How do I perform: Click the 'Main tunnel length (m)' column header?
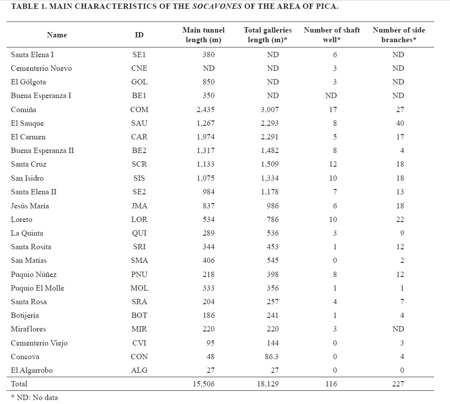point(203,35)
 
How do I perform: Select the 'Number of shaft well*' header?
point(332,35)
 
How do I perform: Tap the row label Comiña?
point(24,109)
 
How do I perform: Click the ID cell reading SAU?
point(139,123)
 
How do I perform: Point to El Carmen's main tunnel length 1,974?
point(205,137)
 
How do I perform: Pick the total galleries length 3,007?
point(270,109)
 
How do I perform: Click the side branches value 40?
point(400,123)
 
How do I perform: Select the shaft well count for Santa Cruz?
point(333,164)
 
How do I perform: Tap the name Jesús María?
point(30,206)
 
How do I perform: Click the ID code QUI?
point(139,233)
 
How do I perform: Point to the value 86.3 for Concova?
point(271,357)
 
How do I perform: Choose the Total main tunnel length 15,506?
point(203,384)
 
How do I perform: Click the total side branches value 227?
point(398,384)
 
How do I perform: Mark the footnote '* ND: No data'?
point(34,397)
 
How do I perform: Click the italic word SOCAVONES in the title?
point(217,6)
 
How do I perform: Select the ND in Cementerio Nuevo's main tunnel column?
point(209,69)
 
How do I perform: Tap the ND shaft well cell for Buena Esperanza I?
point(331,96)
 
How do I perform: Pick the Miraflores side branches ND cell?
point(398,329)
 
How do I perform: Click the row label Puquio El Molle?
point(37,288)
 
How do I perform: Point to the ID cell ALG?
point(139,370)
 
